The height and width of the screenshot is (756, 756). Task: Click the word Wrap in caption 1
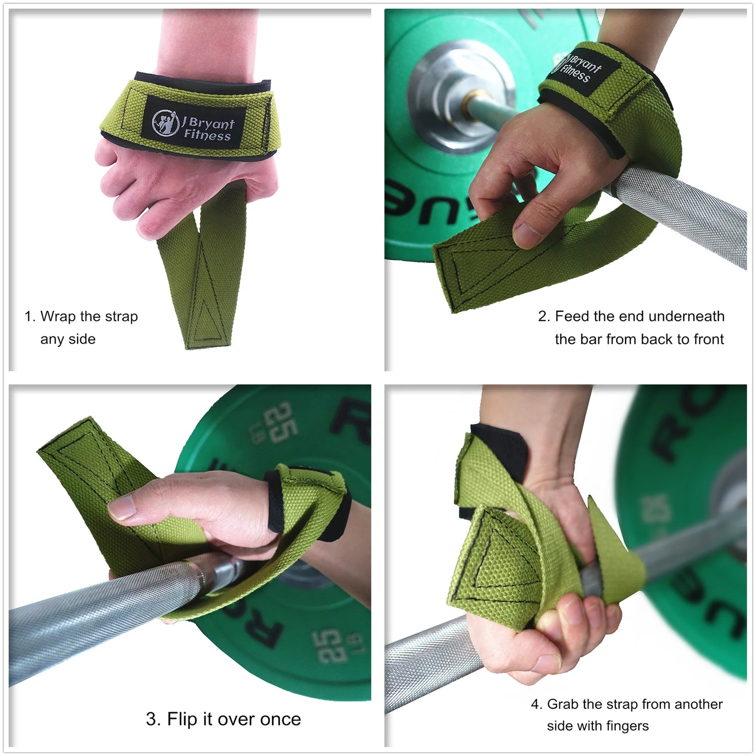(58, 317)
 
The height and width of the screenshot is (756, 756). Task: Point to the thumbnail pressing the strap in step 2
(527, 235)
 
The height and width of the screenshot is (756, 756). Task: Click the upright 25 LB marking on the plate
(280, 423)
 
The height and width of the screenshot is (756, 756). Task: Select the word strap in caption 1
(121, 317)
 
